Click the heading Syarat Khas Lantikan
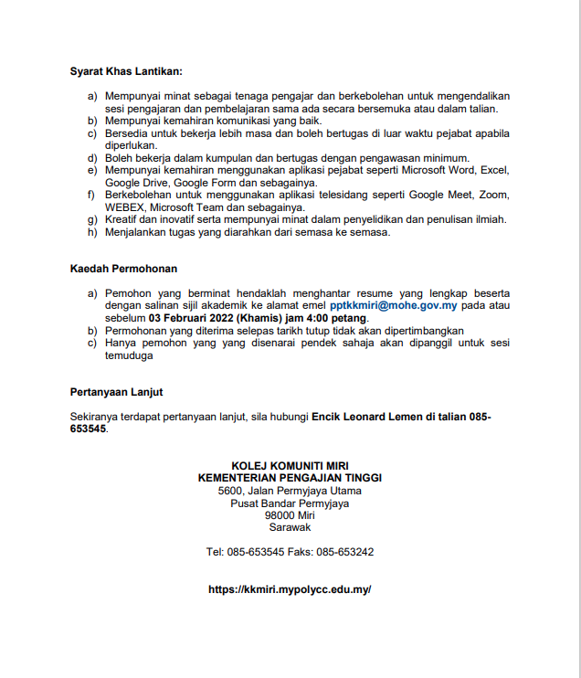click(x=125, y=71)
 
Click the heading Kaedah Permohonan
click(x=123, y=269)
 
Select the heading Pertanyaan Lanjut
click(x=116, y=391)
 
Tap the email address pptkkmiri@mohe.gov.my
click(x=393, y=305)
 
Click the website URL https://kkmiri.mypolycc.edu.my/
click(x=290, y=589)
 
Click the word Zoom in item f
click(x=494, y=195)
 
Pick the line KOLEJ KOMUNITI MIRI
click(x=290, y=465)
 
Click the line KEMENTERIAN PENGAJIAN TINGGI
click(x=290, y=477)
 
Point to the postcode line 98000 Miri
click(x=290, y=514)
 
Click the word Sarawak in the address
click(x=290, y=527)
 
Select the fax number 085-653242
click(x=344, y=552)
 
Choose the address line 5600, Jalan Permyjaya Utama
click(x=290, y=491)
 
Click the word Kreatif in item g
click(x=122, y=219)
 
